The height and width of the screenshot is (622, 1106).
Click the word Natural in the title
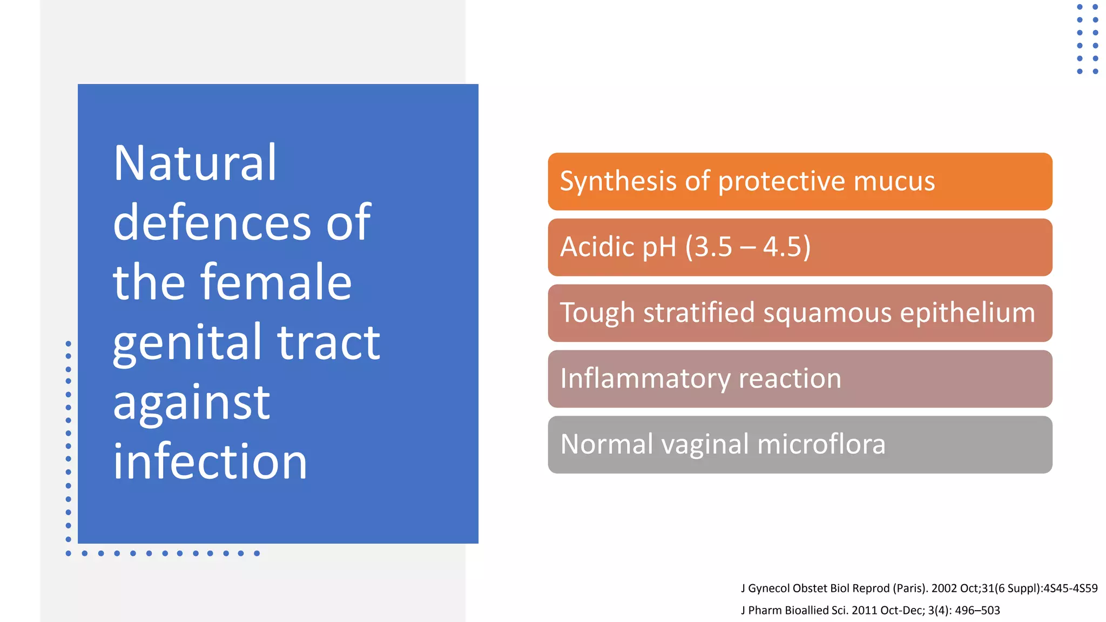point(194,164)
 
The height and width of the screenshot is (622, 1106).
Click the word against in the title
point(191,403)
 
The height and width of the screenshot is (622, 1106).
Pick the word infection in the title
point(210,462)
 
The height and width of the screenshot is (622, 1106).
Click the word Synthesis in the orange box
point(618,181)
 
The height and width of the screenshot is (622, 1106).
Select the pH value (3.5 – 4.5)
point(748,247)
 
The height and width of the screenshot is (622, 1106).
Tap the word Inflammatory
point(645,379)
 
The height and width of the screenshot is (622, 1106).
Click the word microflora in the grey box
point(821,445)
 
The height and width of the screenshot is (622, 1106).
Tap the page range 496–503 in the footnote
point(977,611)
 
